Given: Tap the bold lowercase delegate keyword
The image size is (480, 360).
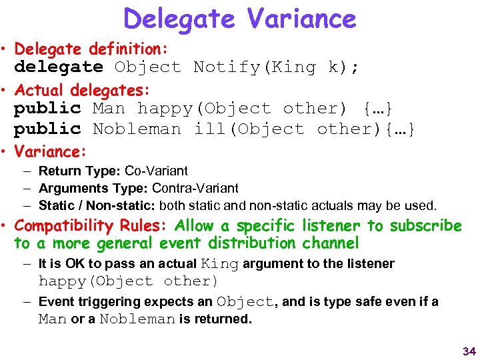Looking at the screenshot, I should [58, 67].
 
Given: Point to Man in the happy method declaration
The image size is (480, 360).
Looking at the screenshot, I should [109, 109].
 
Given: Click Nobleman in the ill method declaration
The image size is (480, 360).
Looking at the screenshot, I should [137, 129].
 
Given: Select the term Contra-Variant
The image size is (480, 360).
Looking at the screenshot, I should [195, 189].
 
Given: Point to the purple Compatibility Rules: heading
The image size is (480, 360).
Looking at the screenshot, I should [91, 226].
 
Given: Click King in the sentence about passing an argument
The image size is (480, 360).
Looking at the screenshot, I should [220, 264].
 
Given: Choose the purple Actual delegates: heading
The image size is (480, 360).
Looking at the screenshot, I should [83, 89].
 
